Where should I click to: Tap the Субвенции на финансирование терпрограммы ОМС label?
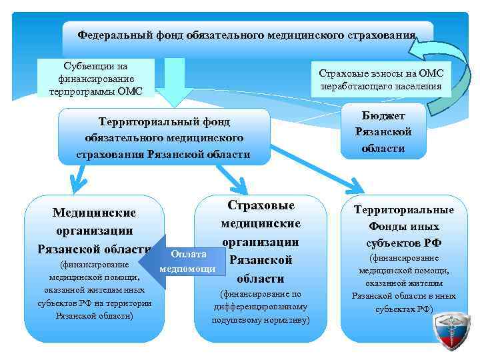point(95,77)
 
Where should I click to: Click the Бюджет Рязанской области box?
point(383,131)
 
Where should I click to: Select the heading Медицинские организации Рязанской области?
point(94,230)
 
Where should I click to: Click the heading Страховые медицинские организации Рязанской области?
point(261,241)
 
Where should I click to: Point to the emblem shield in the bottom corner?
point(451,333)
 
